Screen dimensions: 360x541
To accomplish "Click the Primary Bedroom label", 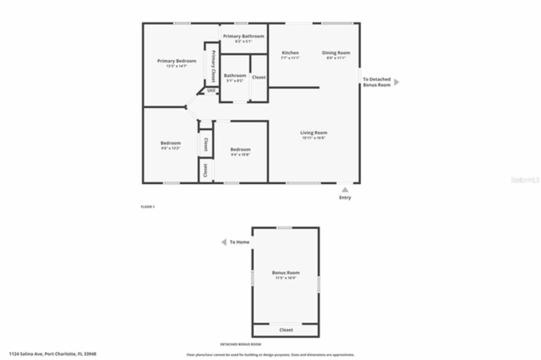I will [x=177, y=61].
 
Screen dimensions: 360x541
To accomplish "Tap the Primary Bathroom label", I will [x=243, y=36].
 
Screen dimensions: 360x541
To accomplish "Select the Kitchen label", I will [x=290, y=53].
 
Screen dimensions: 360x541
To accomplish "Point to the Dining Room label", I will [x=336, y=53].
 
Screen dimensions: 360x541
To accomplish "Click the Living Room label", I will [x=314, y=133].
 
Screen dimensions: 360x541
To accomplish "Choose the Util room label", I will [x=211, y=91].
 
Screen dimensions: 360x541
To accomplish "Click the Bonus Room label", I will [x=286, y=273].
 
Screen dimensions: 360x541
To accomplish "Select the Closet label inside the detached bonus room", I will [x=286, y=330].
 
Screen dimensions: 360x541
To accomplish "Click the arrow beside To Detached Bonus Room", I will [x=396, y=82].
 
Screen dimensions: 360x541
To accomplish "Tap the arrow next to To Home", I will [x=224, y=242].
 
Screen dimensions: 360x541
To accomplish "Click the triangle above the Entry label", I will [x=345, y=190].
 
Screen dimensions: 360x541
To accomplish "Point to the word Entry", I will [x=345, y=198].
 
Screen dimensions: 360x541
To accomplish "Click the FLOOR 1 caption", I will [x=148, y=207].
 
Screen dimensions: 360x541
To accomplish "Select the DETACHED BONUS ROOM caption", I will [x=241, y=344].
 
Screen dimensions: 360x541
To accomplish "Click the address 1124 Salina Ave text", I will [x=52, y=354].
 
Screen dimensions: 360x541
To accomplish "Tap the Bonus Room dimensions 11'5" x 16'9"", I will [x=286, y=278].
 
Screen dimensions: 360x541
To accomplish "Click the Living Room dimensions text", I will [x=314, y=138].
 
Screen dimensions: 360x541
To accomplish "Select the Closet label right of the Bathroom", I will [x=259, y=77].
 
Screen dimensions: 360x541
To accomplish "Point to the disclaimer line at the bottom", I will [x=270, y=355].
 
